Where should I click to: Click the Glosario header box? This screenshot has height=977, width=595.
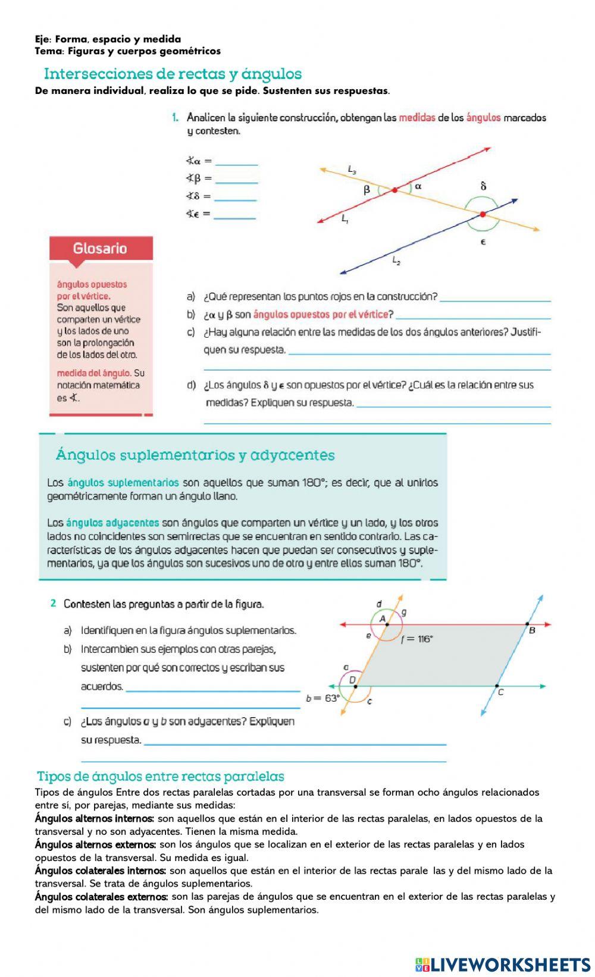[101, 248]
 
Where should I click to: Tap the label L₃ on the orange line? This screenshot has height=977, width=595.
[352, 170]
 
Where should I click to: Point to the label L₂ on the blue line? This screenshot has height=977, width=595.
[396, 260]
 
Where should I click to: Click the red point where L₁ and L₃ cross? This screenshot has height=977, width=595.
[394, 190]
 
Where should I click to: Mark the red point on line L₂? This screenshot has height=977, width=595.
[483, 214]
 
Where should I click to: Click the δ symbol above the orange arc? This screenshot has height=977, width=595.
[483, 186]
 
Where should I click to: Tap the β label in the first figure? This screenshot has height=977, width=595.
[367, 190]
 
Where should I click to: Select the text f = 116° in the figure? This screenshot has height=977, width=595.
[417, 639]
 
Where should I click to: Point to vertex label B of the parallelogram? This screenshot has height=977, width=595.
[532, 630]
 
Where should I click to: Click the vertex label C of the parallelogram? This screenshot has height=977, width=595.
[500, 692]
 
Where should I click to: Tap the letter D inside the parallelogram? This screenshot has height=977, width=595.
[352, 680]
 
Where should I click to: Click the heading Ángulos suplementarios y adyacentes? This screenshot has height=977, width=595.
[195, 455]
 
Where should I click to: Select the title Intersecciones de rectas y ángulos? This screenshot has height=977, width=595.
[173, 74]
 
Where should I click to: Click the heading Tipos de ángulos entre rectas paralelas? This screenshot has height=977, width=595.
[160, 776]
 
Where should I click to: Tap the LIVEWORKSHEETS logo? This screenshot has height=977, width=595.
[502, 964]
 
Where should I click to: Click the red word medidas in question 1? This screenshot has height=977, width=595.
[416, 118]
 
